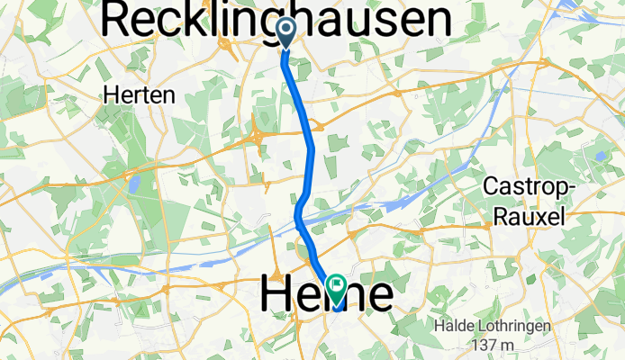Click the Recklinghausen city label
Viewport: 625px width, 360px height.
point(277,20)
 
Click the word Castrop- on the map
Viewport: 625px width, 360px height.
point(527,188)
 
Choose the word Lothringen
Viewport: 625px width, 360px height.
point(520,326)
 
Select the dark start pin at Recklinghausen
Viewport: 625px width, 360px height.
point(285,32)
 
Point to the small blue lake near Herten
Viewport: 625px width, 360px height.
point(134,184)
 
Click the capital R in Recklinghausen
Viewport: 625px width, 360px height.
point(121,20)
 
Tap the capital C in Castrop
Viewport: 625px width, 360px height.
point(492,188)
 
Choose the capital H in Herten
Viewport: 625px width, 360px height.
point(111,94)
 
